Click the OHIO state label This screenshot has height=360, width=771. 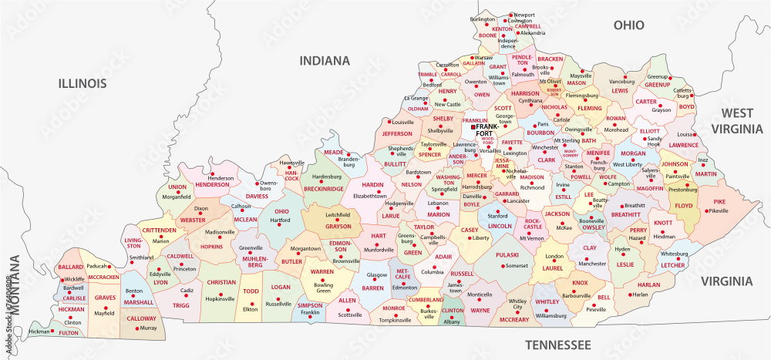coord(628,25)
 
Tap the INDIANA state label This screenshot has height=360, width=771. coord(325,60)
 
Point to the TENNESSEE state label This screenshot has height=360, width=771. coord(557,343)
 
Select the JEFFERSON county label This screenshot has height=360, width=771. coord(397,133)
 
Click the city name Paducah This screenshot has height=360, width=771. coord(97,266)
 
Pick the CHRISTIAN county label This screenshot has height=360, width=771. coord(221,283)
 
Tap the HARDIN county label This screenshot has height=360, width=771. coord(373,185)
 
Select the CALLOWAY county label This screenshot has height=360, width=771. coord(141,318)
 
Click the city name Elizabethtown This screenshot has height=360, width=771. coord(369,196)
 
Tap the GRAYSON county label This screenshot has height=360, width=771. coord(337,227)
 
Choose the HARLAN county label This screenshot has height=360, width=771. coord(648,284)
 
